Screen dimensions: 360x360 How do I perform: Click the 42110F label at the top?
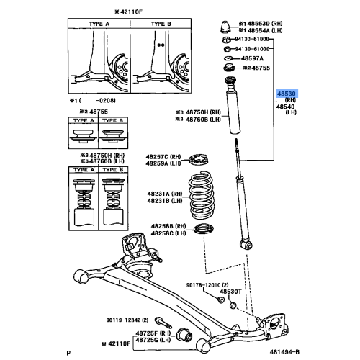pos(109,12)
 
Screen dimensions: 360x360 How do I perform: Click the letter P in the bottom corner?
pos(67,352)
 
